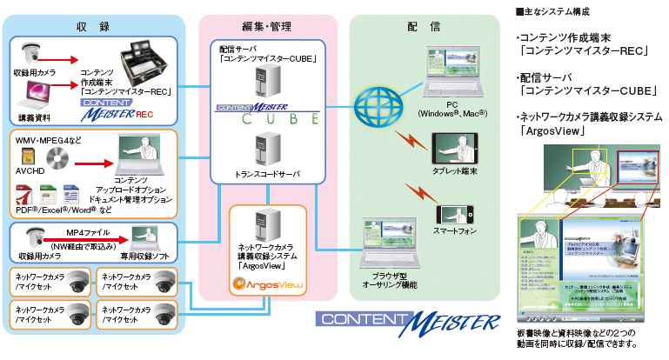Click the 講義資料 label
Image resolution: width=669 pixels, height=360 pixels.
click(x=35, y=116)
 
